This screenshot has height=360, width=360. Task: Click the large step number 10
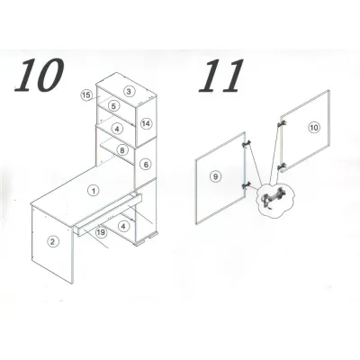pyautogui.click(x=39, y=75)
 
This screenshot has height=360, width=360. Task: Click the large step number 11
pyautogui.click(x=220, y=76)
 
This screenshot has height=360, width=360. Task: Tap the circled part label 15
pyautogui.click(x=85, y=95)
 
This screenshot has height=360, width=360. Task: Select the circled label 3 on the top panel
pyautogui.click(x=129, y=91)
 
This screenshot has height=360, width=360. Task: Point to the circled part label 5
pyautogui.click(x=113, y=106)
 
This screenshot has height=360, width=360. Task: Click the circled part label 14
pyautogui.click(x=146, y=123)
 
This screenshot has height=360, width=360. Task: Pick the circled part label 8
pyautogui.click(x=122, y=150)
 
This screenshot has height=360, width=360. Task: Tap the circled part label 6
pyautogui.click(x=146, y=165)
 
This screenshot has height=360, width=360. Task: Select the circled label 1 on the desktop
pyautogui.click(x=94, y=191)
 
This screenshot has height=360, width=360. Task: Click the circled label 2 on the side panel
pyautogui.click(x=52, y=241)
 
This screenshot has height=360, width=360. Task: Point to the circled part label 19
pyautogui.click(x=102, y=232)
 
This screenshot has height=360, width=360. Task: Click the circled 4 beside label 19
pyautogui.click(x=123, y=226)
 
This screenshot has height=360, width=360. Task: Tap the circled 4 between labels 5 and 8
pyautogui.click(x=117, y=129)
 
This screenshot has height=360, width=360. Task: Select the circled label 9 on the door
pyautogui.click(x=215, y=176)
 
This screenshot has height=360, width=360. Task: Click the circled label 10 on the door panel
pyautogui.click(x=314, y=128)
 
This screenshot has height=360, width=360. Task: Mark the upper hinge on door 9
pyautogui.click(x=247, y=144)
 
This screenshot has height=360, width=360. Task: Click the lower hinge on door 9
pyautogui.click(x=247, y=185)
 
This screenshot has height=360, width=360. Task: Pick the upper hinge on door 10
pyautogui.click(x=282, y=124)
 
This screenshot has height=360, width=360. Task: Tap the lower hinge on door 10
pyautogui.click(x=282, y=166)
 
